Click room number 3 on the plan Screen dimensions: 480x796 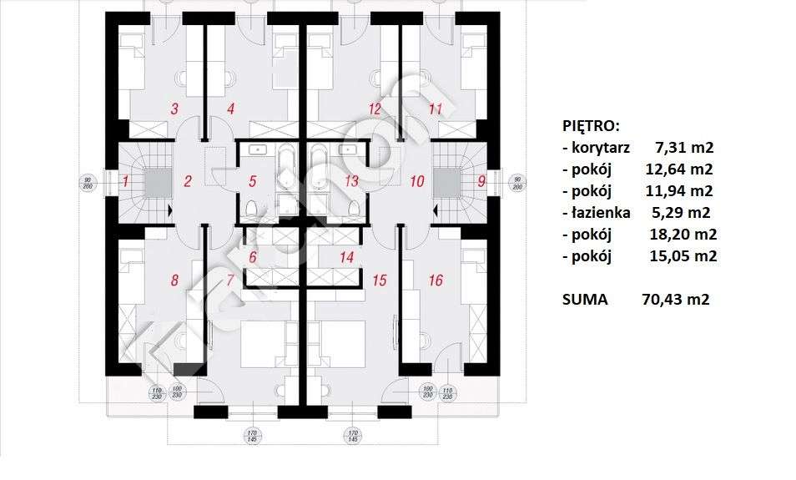tap(174, 109)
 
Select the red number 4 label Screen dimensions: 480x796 tap(230, 109)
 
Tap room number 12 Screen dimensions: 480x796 tap(374, 109)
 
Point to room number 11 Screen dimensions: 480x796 tap(434, 109)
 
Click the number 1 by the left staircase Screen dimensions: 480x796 tap(124, 180)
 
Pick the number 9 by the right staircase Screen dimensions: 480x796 tap(481, 180)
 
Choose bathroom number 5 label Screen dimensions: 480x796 tap(253, 180)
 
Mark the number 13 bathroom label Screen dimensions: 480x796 tap(351, 180)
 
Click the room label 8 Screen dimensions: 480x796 tap(174, 280)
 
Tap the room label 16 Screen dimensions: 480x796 tap(435, 280)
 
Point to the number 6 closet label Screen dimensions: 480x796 tap(253, 257)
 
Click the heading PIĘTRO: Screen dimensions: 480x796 tap(591, 126)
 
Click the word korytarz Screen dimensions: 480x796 tap(602, 148)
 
